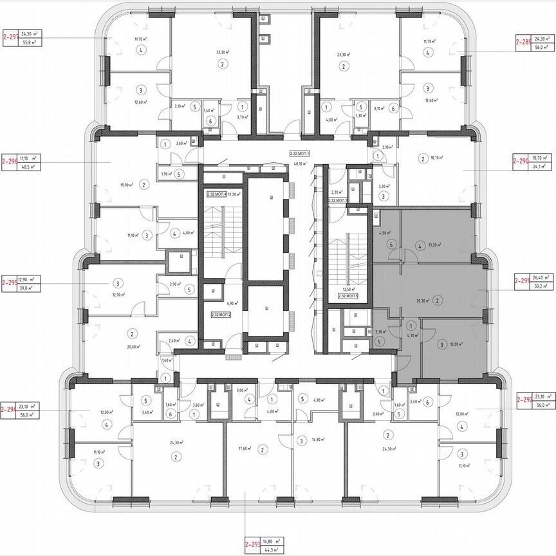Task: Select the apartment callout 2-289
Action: coord(523,42)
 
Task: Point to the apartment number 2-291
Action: coord(520,281)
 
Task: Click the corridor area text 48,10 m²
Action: coord(300,164)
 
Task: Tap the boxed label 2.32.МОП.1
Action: coord(300,154)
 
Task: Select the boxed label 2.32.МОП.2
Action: coord(221,314)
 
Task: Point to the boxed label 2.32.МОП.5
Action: coord(347,297)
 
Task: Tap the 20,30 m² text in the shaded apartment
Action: coord(423,300)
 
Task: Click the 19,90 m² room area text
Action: coord(127,185)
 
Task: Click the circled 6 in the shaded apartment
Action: coord(390,245)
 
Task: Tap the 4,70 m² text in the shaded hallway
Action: coord(409,335)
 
